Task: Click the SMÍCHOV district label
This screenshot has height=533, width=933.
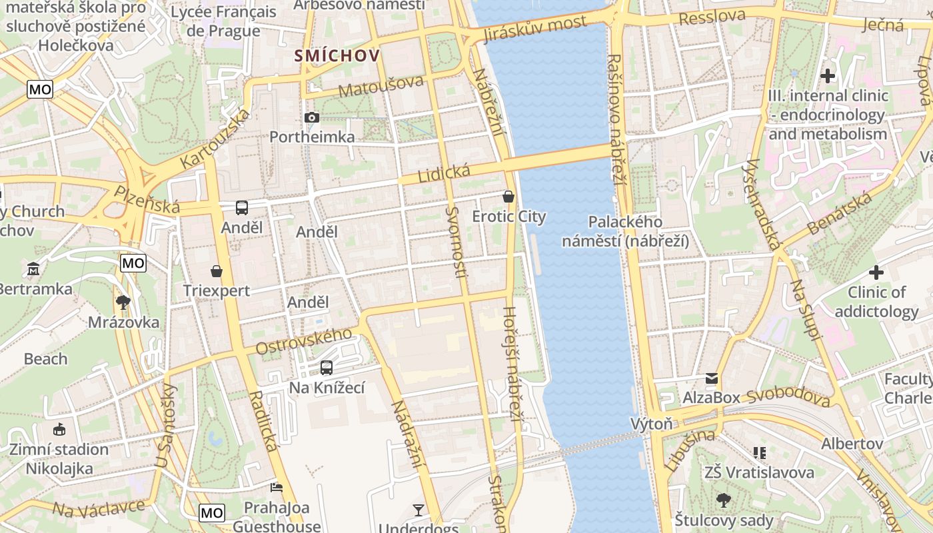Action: pyautogui.click(x=338, y=56)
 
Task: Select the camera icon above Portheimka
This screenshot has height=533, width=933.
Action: pyautogui.click(x=311, y=118)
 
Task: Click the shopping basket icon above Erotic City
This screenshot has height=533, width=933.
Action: pyautogui.click(x=508, y=197)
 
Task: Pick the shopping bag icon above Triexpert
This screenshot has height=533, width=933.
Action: pyautogui.click(x=217, y=271)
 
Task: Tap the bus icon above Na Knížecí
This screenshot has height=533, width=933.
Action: pyautogui.click(x=327, y=367)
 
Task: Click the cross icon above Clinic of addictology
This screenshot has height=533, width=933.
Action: pyautogui.click(x=876, y=272)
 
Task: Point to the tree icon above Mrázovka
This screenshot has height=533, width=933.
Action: pyautogui.click(x=123, y=302)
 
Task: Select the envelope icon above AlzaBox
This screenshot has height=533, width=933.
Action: pyautogui.click(x=712, y=378)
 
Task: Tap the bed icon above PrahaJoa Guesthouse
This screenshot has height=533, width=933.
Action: pyautogui.click(x=276, y=488)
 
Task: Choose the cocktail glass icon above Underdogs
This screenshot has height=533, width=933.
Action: pyautogui.click(x=419, y=510)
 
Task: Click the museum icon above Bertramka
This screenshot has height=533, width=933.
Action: pyautogui.click(x=33, y=269)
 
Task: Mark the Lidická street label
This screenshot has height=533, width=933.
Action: pyautogui.click(x=444, y=174)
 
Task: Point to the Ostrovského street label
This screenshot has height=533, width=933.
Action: pyautogui.click(x=304, y=342)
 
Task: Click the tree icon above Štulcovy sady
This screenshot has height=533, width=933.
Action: pyautogui.click(x=724, y=500)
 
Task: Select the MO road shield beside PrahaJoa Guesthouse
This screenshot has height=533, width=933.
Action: pyautogui.click(x=212, y=512)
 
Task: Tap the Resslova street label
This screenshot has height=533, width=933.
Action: pyautogui.click(x=712, y=16)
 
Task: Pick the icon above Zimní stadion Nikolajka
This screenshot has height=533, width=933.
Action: pyautogui.click(x=59, y=429)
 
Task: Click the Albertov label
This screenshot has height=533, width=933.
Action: pyautogui.click(x=852, y=443)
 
